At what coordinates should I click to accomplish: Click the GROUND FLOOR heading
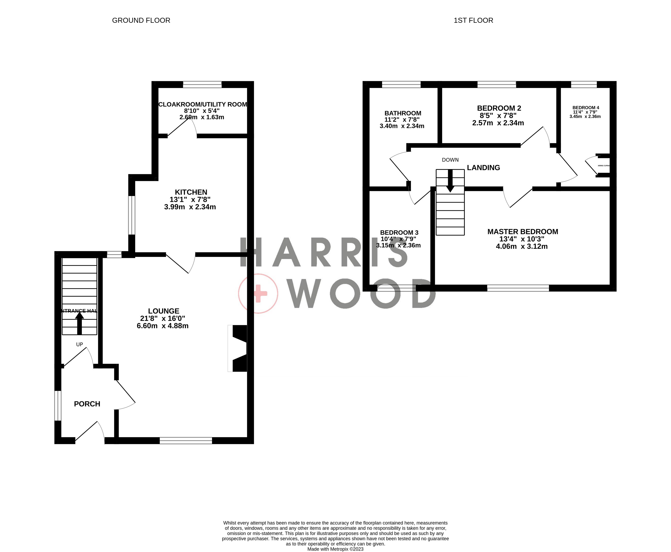pyautogui.click(x=141, y=20)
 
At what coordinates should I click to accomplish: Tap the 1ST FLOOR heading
pyautogui.click(x=473, y=20)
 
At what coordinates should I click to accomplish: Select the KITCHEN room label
pyautogui.click(x=191, y=192)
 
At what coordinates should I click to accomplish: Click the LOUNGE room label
pyautogui.click(x=164, y=311)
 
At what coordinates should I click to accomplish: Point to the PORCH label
pyautogui.click(x=87, y=404)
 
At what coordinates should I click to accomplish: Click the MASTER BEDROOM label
pyautogui.click(x=522, y=232)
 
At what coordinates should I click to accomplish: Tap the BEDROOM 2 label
pyautogui.click(x=499, y=108)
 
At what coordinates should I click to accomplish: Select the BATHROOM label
pyautogui.click(x=403, y=113)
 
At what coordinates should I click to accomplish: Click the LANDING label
pyautogui.click(x=483, y=167)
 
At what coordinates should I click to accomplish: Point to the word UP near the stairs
pyautogui.click(x=80, y=344)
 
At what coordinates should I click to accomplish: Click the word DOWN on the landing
pyautogui.click(x=450, y=160)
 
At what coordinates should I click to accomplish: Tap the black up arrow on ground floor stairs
pyautogui.click(x=80, y=323)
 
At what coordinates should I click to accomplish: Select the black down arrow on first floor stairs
pyautogui.click(x=450, y=181)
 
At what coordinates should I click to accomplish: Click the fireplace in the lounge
pyautogui.click(x=239, y=348)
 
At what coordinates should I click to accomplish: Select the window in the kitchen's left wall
pyautogui.click(x=131, y=215)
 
